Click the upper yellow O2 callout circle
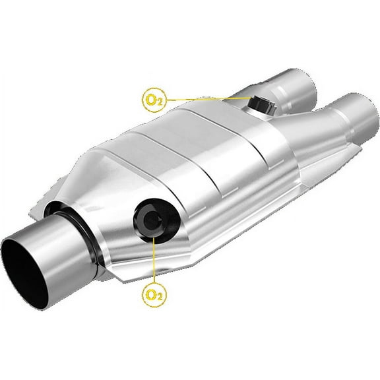[x=154, y=100]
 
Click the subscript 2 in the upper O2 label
[x=158, y=103]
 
